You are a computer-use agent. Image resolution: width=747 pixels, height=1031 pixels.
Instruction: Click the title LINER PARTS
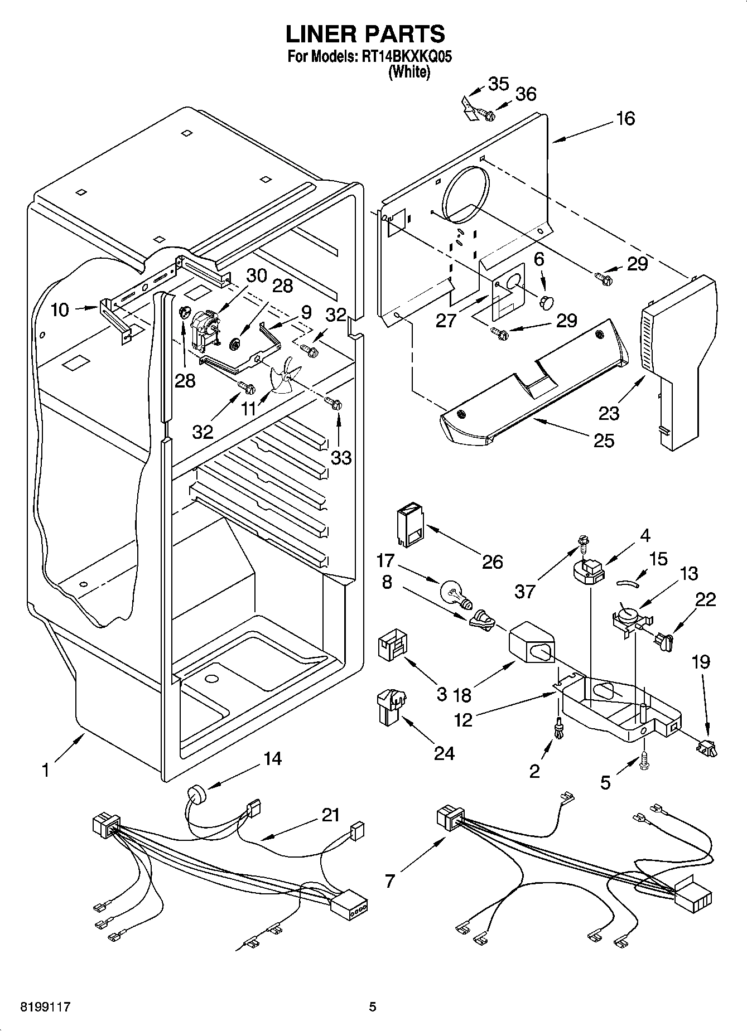pyautogui.click(x=365, y=34)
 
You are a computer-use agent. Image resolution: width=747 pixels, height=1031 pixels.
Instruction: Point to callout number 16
pyautogui.click(x=626, y=118)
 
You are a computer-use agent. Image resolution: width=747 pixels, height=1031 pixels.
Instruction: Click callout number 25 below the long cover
pyautogui.click(x=604, y=441)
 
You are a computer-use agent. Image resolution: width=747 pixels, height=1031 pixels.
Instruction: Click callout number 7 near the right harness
pyautogui.click(x=389, y=880)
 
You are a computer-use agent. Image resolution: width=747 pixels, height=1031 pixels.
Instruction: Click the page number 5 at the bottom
pyautogui.click(x=373, y=1006)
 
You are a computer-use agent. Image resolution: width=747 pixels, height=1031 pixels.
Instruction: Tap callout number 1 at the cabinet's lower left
pyautogui.click(x=45, y=770)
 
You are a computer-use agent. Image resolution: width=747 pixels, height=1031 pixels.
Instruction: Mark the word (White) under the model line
pyautogui.click(x=409, y=72)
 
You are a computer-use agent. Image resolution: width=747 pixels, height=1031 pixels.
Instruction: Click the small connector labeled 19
pyautogui.click(x=707, y=747)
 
